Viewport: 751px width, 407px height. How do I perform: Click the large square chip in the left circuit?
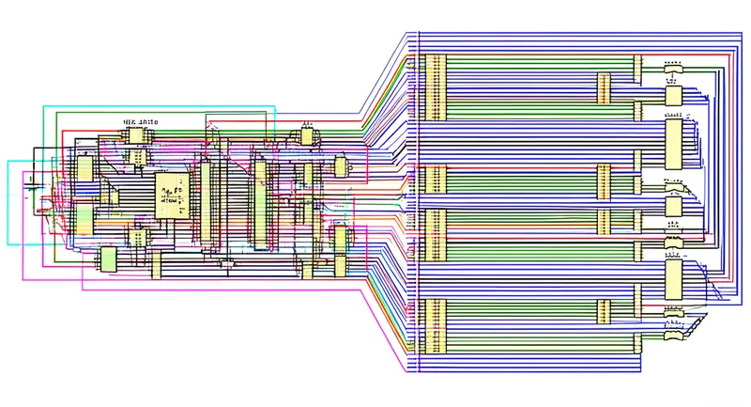click(169, 195)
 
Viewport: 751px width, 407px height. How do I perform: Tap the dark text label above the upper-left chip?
click(141, 121)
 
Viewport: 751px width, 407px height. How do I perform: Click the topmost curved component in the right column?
click(672, 67)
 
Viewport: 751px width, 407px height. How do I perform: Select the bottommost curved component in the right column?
click(672, 335)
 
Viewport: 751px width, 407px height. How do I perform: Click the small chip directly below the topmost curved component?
click(672, 94)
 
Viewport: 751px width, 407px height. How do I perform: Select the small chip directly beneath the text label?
click(137, 136)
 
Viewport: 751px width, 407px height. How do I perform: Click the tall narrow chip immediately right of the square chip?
click(205, 201)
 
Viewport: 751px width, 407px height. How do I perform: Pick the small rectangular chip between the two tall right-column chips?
click(672, 206)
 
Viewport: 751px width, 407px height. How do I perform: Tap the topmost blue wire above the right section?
click(563, 33)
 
